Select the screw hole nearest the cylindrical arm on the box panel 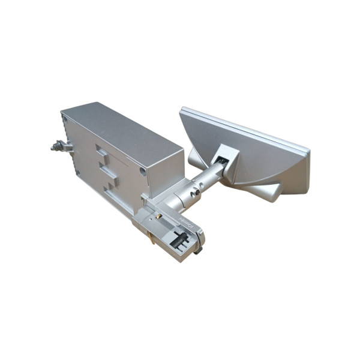(143, 172)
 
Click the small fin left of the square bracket (197, 158)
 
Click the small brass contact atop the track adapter (157, 214)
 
